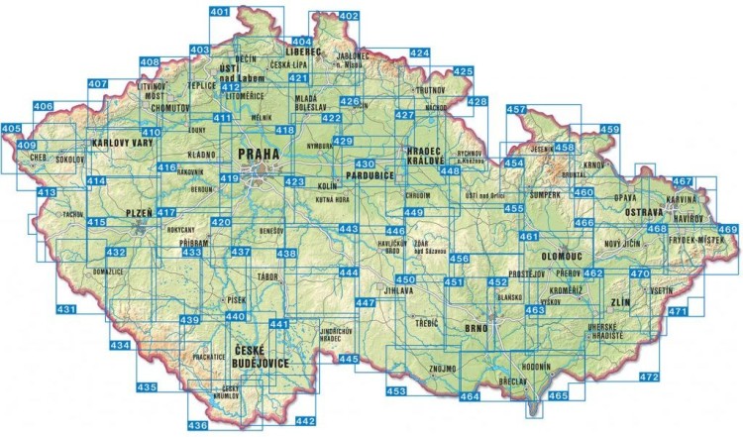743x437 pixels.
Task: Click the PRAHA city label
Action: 257,156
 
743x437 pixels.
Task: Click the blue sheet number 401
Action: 220,12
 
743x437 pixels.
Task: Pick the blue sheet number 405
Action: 11,129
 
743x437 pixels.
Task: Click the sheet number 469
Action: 728,230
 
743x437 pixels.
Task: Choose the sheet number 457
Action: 515,109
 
